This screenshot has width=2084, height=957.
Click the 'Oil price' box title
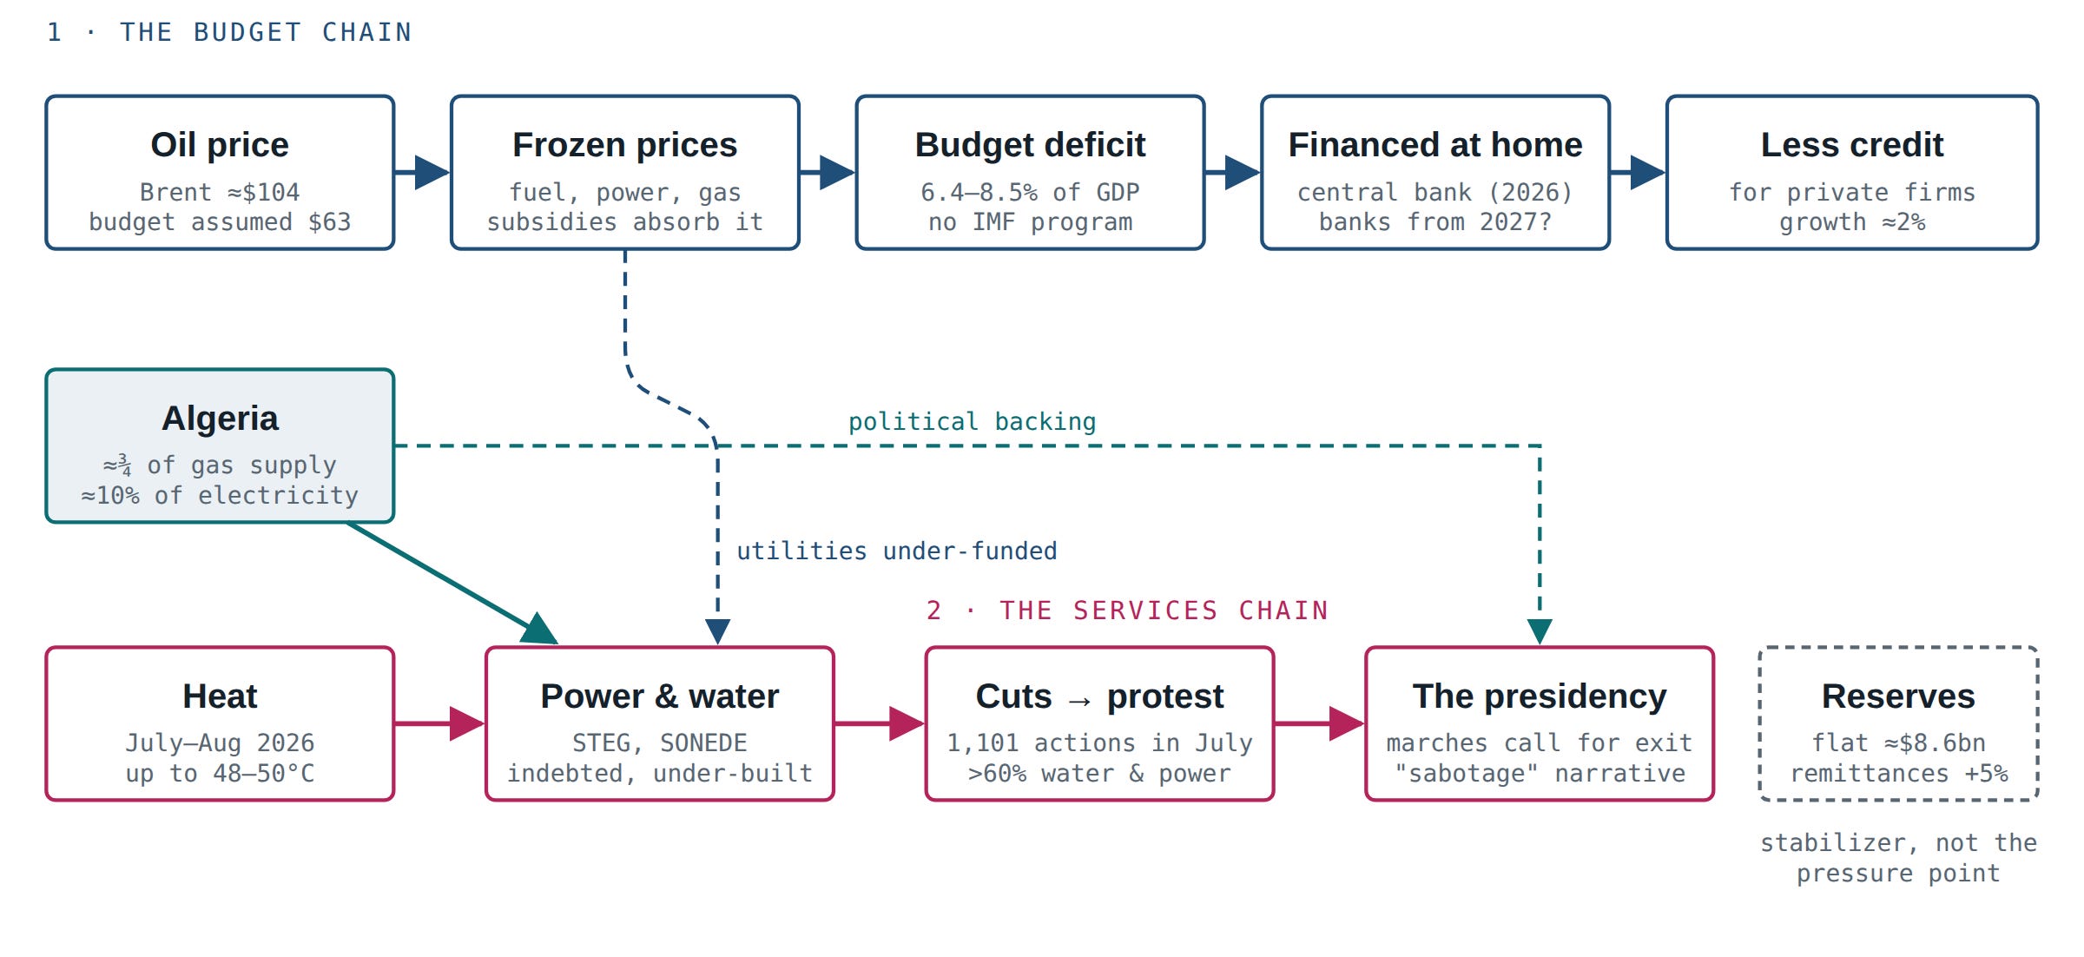(220, 145)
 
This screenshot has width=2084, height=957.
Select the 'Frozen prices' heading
(624, 145)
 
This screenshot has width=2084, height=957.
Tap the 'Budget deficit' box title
(1030, 145)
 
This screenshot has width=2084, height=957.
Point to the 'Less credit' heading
(1851, 145)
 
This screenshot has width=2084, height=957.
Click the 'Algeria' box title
(220, 419)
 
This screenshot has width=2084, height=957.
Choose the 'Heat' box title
(220, 696)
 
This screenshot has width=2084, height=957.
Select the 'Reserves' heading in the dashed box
(1898, 696)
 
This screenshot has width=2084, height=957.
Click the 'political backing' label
(972, 422)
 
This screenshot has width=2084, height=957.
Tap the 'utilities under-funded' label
(897, 551)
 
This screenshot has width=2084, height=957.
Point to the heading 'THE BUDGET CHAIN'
(266, 32)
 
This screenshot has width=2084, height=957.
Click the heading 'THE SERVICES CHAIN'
(1164, 610)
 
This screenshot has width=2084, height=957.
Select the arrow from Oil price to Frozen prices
(422, 172)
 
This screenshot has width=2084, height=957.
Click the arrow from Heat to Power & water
(439, 723)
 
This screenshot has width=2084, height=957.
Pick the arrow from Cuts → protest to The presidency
(1319, 723)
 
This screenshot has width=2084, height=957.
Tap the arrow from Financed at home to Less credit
(1638, 172)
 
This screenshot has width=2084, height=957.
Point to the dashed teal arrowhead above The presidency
(1540, 632)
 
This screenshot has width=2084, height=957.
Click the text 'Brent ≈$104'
(220, 192)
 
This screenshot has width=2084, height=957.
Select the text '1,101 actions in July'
(1099, 743)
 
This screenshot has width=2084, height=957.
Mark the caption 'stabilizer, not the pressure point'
(1898, 858)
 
